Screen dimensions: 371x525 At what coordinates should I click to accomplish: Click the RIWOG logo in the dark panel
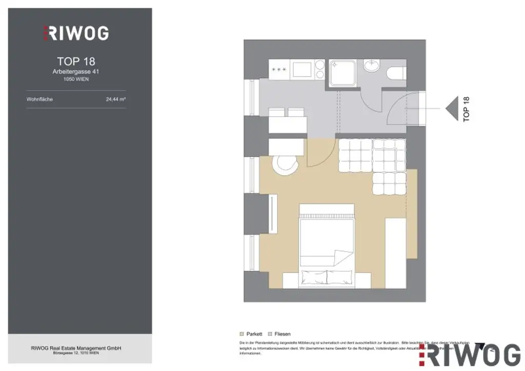click(75, 33)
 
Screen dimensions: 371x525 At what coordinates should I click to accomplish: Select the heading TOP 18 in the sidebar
click(76, 62)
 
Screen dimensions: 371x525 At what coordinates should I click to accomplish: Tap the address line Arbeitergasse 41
click(76, 72)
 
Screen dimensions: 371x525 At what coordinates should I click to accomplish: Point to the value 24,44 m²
click(115, 99)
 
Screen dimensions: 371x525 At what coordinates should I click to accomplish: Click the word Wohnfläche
click(39, 99)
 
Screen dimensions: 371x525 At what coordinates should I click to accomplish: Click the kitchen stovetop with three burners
click(279, 69)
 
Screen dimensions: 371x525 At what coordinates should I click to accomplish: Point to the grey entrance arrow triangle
click(452, 109)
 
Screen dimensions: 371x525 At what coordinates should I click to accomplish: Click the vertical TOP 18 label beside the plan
click(466, 109)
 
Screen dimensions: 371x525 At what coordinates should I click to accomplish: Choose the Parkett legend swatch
click(242, 334)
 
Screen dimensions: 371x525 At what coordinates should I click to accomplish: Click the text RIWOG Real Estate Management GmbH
click(76, 348)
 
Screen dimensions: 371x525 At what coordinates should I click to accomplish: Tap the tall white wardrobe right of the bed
click(395, 252)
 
